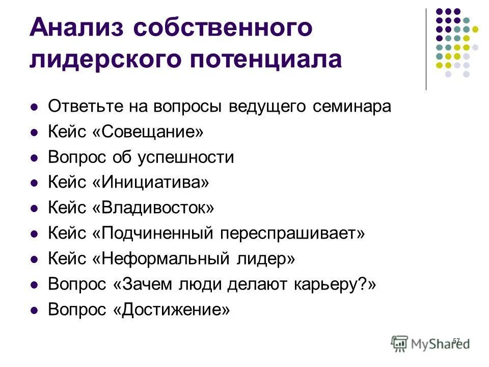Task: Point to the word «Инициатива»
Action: (x=151, y=182)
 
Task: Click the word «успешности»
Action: (x=185, y=158)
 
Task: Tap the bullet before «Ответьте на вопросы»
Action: (x=35, y=108)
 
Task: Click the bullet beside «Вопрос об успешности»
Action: (x=35, y=159)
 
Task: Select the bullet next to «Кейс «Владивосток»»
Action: (x=35, y=209)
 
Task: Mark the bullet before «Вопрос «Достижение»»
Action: (x=35, y=310)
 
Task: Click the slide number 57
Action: (x=456, y=340)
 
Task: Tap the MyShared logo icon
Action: (x=400, y=344)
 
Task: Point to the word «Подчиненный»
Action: (x=156, y=233)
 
